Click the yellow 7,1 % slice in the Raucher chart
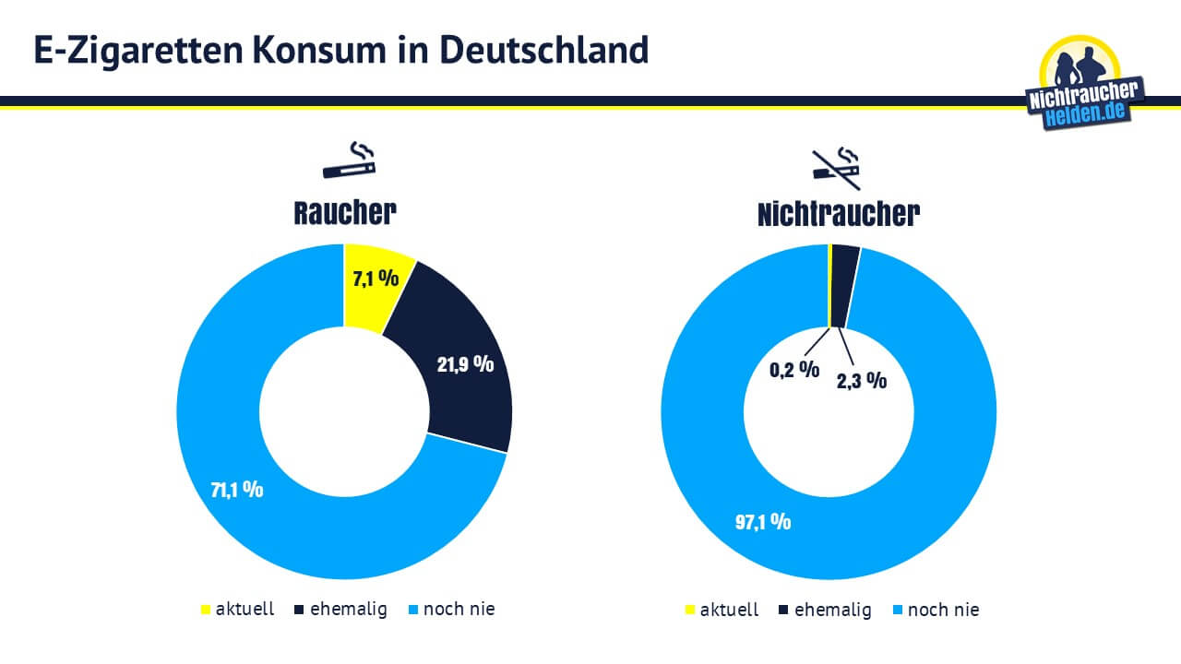point(374,277)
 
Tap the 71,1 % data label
point(237,490)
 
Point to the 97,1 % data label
point(763,521)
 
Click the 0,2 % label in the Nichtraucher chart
point(794,370)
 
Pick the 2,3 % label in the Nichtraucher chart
point(862,379)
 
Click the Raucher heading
point(345,213)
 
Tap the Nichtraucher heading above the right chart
point(838,214)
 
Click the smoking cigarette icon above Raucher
point(350,160)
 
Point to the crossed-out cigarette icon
point(836,163)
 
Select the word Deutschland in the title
point(543,50)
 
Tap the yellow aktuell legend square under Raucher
point(206,610)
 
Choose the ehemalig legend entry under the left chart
point(340,610)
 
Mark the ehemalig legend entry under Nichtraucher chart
point(825,610)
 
